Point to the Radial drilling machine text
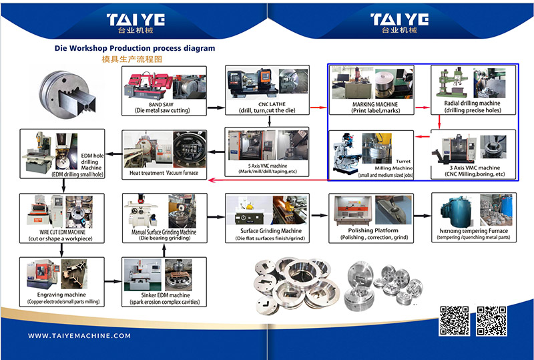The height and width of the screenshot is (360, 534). pos(472,104)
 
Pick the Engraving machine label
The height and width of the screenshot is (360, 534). pos(61,295)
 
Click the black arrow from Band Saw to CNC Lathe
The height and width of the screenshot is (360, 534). pos(214,107)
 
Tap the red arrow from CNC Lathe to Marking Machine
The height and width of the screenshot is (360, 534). pos(319,107)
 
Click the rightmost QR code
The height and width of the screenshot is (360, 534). pos(491,321)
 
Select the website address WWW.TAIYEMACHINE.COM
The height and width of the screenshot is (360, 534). pos(79,336)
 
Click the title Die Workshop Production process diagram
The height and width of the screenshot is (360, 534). pos(135,49)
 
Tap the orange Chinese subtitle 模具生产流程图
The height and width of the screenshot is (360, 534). pos(131,59)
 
